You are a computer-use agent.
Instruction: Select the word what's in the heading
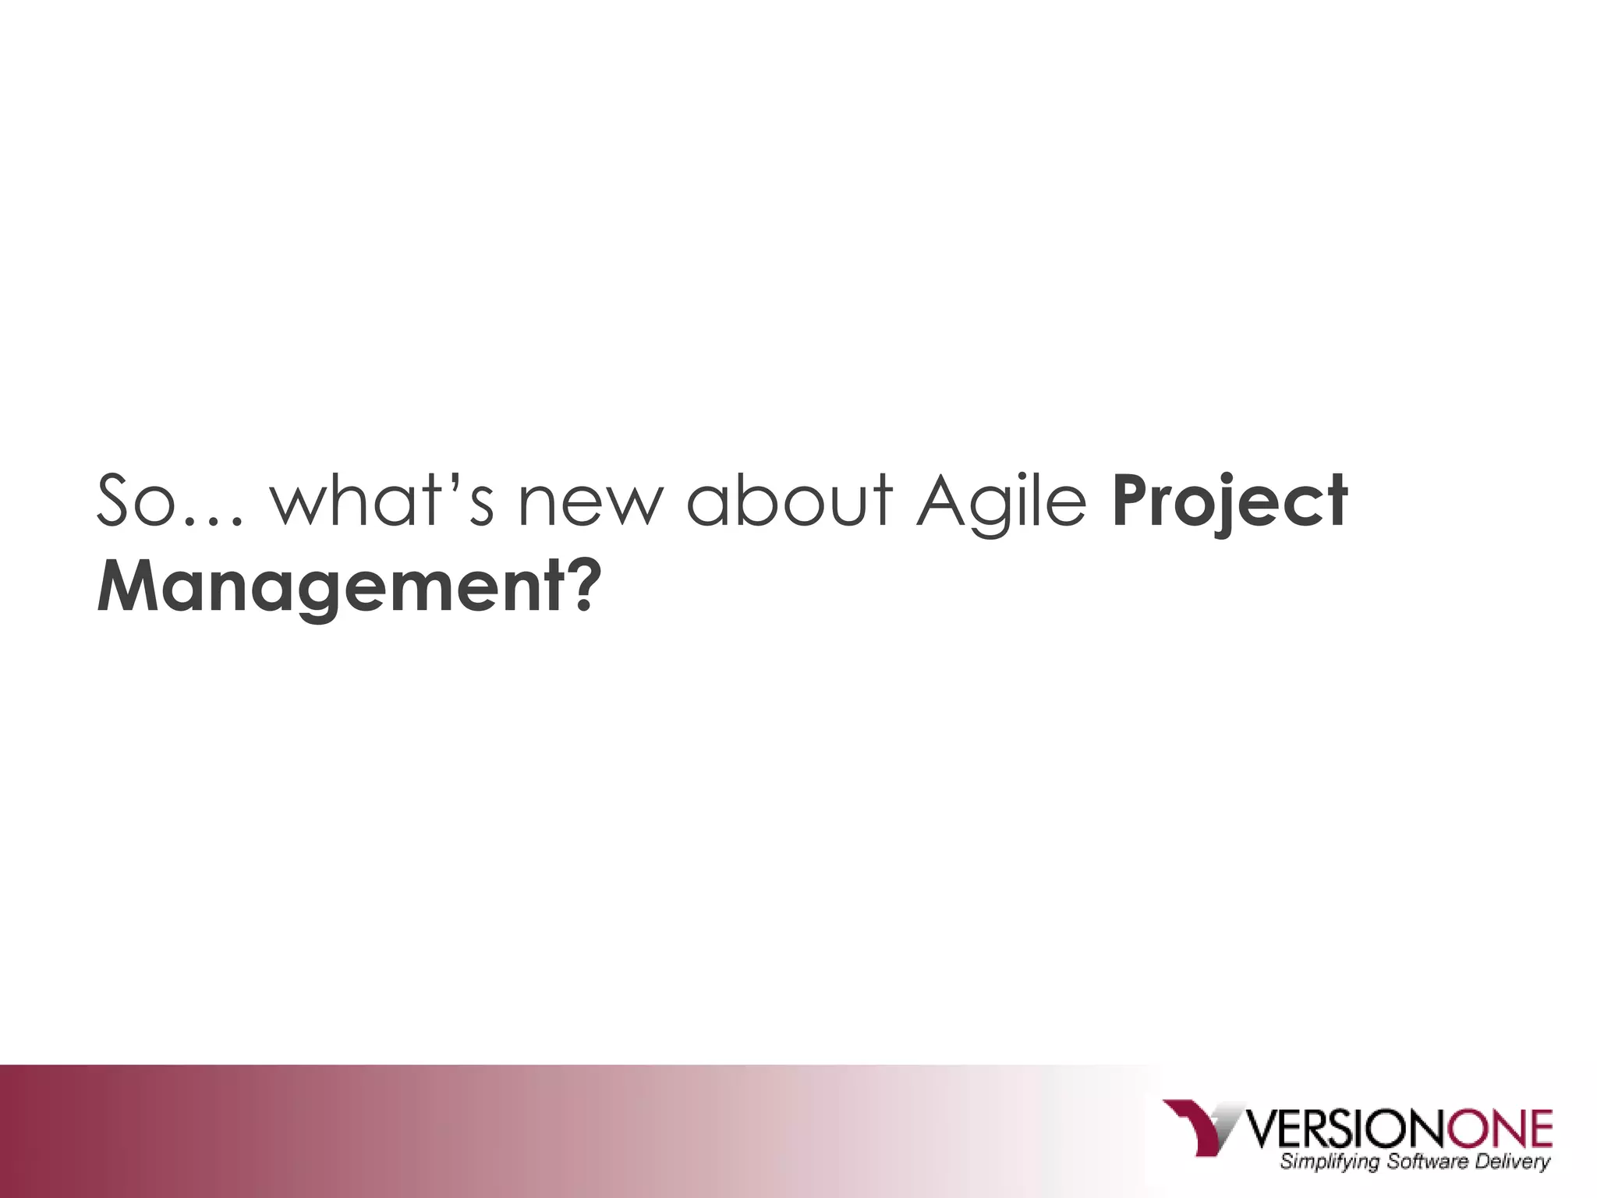coord(382,500)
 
